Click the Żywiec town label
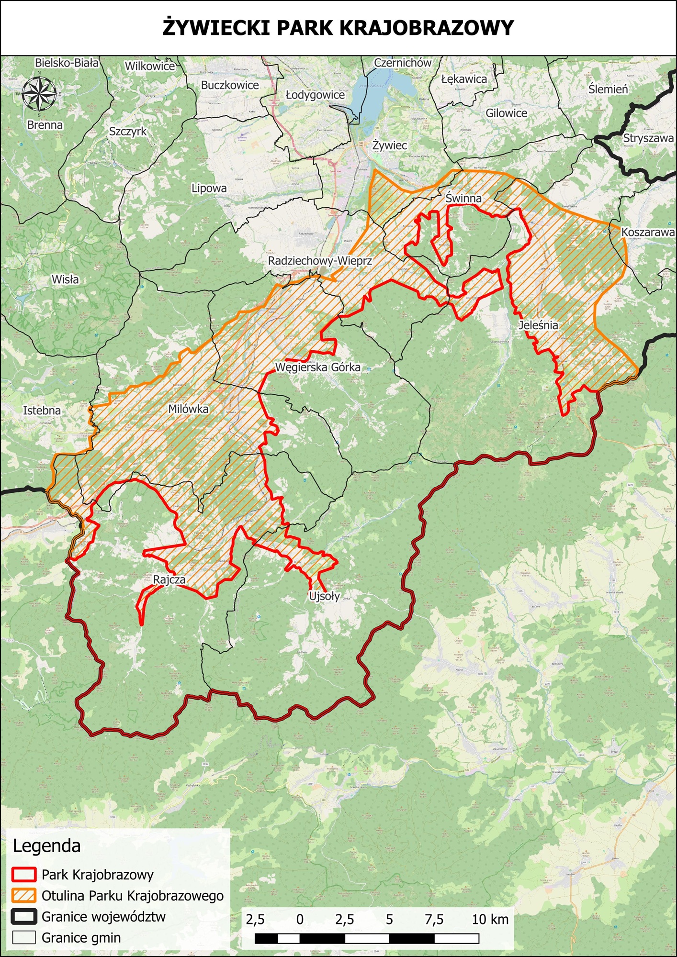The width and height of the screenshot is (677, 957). pos(390,145)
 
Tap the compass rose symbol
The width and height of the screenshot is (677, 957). pos(39,93)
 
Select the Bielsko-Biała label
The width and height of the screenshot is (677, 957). pos(67,63)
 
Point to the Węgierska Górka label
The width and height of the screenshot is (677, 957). pos(318,367)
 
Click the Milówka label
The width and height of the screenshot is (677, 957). pos(188,409)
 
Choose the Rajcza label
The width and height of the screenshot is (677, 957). pos(169,579)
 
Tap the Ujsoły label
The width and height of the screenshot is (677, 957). pos(324,596)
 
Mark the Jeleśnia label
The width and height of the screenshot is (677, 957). pos(539,325)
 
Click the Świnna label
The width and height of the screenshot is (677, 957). pos(463,198)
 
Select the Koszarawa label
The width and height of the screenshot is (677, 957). pos(648,232)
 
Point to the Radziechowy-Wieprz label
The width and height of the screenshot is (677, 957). pos(320,261)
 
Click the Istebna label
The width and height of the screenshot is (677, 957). pos(42,410)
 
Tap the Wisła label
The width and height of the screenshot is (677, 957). pos(65,279)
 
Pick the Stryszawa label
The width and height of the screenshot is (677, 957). pos(648,138)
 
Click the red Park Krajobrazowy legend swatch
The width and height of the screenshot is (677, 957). pos(24,875)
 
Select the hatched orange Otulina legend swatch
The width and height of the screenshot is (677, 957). pos(24,896)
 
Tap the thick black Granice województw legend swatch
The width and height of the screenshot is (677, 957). pos(24,917)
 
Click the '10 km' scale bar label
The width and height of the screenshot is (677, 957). pos(490,919)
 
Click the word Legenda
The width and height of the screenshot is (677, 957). pos(46,846)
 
